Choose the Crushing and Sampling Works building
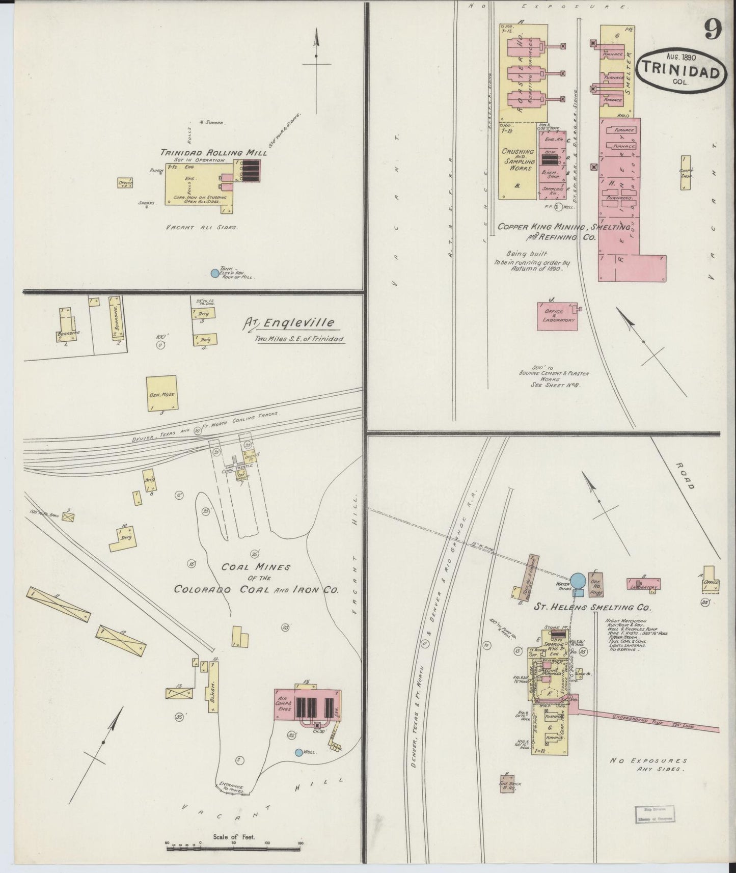click(x=517, y=160)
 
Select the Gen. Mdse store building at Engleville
click(x=162, y=393)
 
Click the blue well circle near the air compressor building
click(x=299, y=752)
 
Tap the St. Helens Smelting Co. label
click(x=592, y=608)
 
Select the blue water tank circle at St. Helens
click(x=578, y=580)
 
